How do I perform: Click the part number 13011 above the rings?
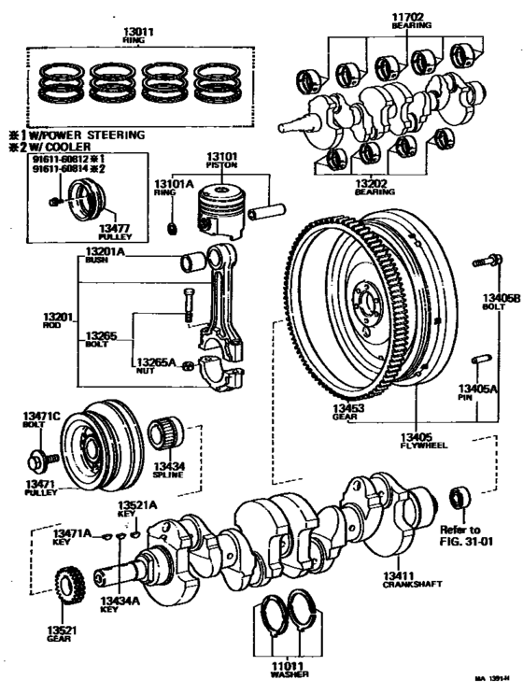click(138, 31)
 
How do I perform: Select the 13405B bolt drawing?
click(484, 261)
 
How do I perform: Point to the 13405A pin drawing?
click(481, 359)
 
